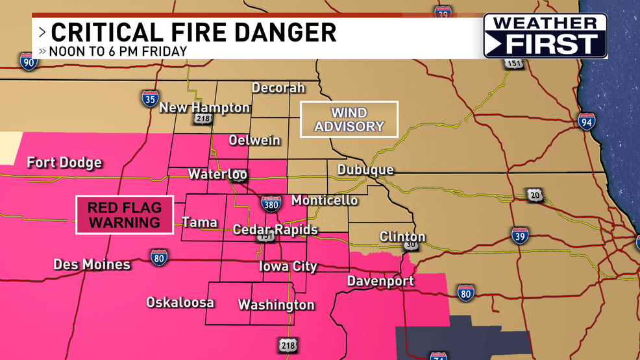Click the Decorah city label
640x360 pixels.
coord(278,88)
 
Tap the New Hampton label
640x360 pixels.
coord(204,108)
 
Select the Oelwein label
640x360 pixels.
coord(254,140)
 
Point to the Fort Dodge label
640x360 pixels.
coord(64,162)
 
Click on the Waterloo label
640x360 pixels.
coord(217,174)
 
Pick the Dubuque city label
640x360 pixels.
coord(365,170)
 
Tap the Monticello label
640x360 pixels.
coord(325,200)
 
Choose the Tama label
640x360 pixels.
coord(199,222)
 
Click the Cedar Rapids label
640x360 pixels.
coord(275,230)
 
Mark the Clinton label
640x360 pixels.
coord(402,237)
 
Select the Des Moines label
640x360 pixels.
coord(92,265)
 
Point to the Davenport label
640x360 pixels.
coord(380,281)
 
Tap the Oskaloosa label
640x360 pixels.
coord(180,302)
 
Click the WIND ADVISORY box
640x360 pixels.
coord(349,119)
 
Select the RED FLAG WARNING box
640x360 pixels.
coord(125,215)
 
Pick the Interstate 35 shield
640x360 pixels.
coord(149,99)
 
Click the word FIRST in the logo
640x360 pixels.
coord(552,44)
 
